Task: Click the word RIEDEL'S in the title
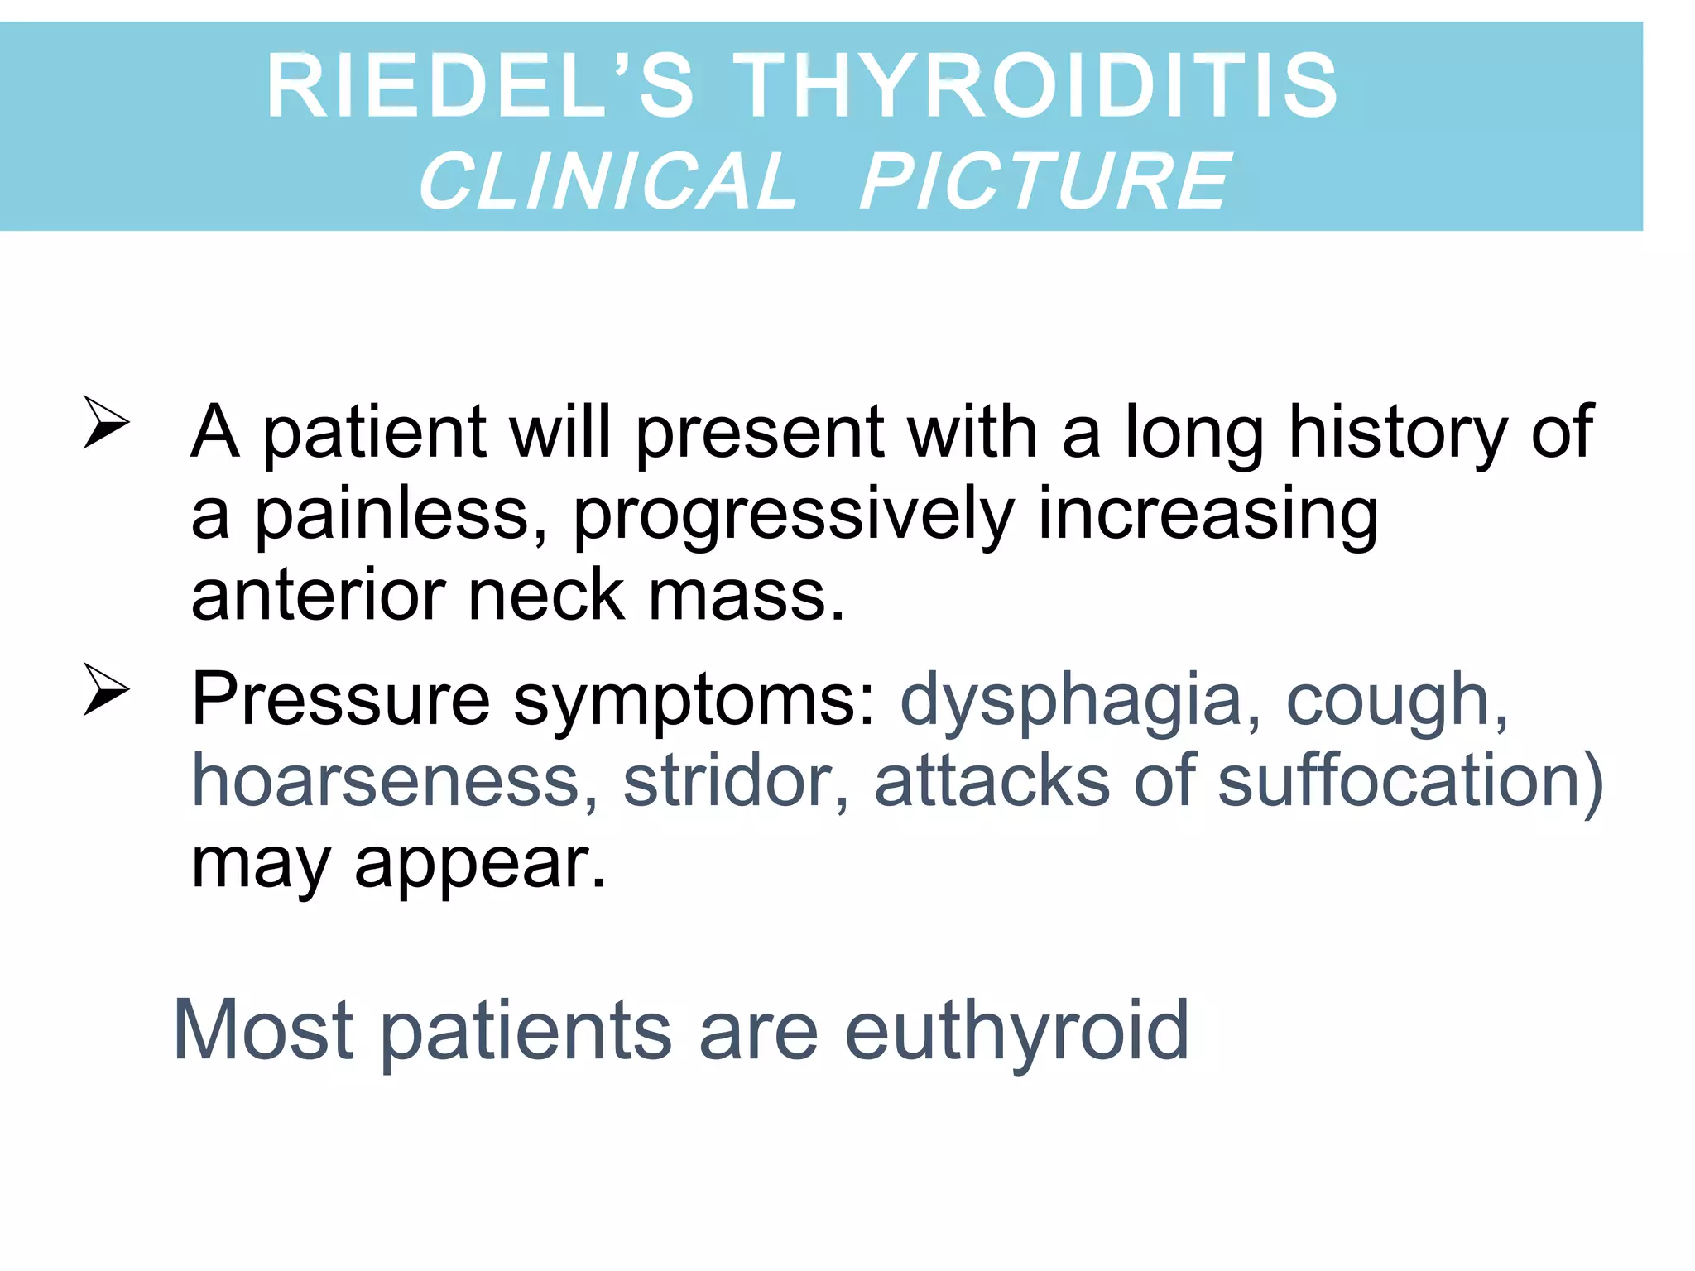pyautogui.click(x=479, y=85)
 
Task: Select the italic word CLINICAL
pyautogui.click(x=607, y=181)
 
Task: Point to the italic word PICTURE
pyautogui.click(x=1045, y=181)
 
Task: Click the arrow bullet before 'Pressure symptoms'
pyautogui.click(x=106, y=689)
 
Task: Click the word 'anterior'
pyautogui.click(x=318, y=595)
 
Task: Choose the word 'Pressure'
pyautogui.click(x=341, y=700)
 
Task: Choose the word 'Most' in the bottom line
pyautogui.click(x=263, y=1029)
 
